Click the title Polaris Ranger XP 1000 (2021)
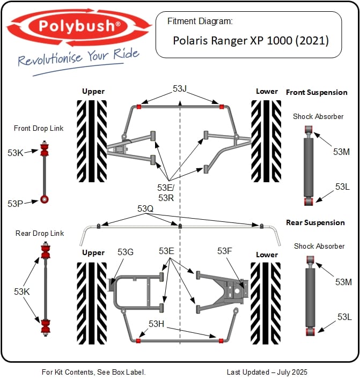tap(251, 40)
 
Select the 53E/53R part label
tap(166, 193)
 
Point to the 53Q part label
tap(145, 208)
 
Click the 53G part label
tap(125, 252)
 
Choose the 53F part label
tap(225, 251)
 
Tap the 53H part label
tap(156, 324)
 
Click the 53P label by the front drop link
tap(16, 204)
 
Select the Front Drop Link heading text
tap(39, 128)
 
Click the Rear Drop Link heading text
tap(39, 233)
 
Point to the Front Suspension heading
tap(317, 92)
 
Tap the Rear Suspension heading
tap(315, 222)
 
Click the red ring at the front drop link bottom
tap(45, 199)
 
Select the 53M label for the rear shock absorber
tap(343, 282)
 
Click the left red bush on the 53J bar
tap(139, 106)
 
